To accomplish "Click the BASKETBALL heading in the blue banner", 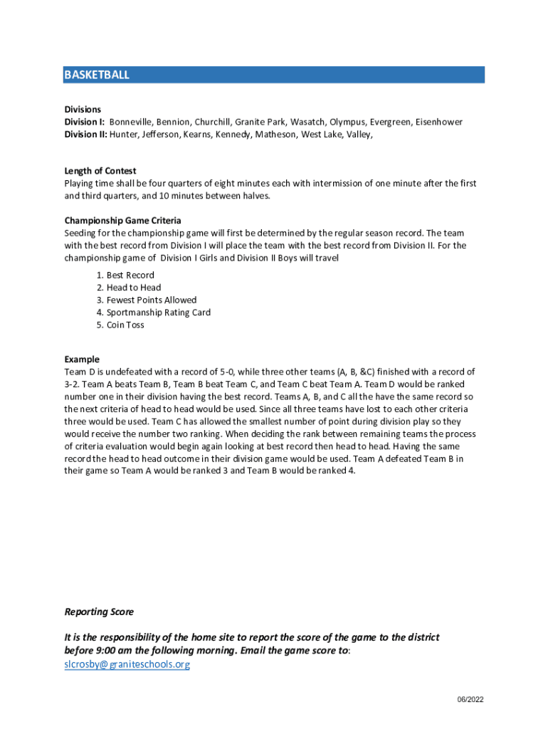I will tap(97, 75).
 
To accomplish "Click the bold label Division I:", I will tap(85, 122).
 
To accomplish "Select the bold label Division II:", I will tap(86, 134).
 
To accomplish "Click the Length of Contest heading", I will tap(100, 171).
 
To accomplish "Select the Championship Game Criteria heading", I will tap(122, 221).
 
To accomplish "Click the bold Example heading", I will tap(82, 360).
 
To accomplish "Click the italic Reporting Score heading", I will tap(99, 612).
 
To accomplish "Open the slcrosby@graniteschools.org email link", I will tap(127, 665).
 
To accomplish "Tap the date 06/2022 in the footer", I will tap(470, 700).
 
